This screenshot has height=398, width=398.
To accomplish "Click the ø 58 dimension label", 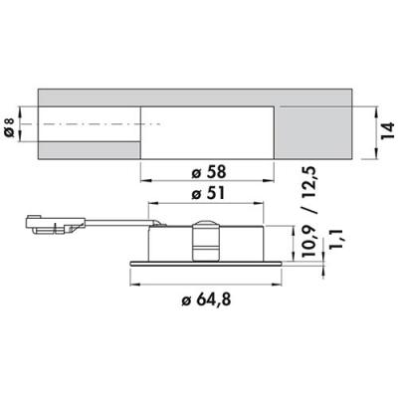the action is coord(209,172).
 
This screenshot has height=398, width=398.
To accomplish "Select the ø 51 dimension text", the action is coord(208,193).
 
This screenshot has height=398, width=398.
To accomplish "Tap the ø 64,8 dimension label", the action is coord(206,300).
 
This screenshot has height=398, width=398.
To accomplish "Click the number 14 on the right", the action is coord(387,130).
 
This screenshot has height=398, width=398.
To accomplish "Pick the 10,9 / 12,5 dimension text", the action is coord(308,211).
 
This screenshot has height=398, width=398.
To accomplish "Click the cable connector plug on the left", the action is coord(55,224).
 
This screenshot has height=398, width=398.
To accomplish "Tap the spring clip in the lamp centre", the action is coord(206,241).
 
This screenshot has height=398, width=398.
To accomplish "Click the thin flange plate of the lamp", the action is coord(206,264).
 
